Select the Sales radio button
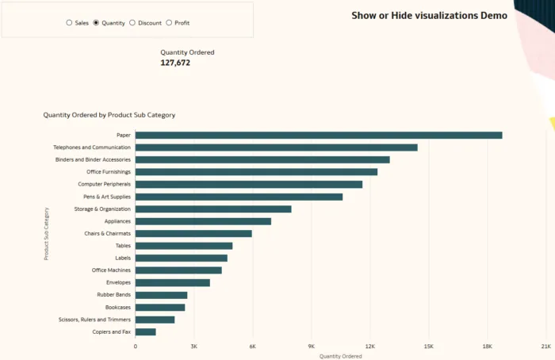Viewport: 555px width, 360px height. (x=69, y=23)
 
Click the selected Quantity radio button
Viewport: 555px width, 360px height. (x=96, y=23)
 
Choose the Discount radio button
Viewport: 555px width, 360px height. (x=132, y=23)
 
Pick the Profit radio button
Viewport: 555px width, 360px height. (x=169, y=23)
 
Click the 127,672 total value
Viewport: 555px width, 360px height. (x=175, y=63)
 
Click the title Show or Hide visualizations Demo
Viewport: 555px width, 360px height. (x=429, y=15)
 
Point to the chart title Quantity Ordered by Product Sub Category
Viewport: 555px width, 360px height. (x=109, y=115)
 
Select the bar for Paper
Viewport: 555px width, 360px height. (x=318, y=135)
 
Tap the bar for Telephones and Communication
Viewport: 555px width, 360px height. (x=276, y=147)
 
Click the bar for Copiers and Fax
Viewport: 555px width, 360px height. (x=145, y=331)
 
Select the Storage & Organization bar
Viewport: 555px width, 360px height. (x=212, y=209)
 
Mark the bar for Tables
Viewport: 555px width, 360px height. (x=183, y=246)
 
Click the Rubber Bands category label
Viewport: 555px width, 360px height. (x=114, y=295)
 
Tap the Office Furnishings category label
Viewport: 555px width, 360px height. (x=109, y=172)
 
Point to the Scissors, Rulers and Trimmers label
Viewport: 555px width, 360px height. (x=94, y=320)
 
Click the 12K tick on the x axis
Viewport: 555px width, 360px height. (x=370, y=347)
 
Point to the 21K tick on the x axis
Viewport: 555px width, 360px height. (x=545, y=347)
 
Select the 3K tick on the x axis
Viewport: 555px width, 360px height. (x=194, y=347)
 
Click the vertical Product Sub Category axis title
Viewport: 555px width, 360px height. (x=47, y=234)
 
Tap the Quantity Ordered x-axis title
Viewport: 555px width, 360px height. (x=340, y=356)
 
